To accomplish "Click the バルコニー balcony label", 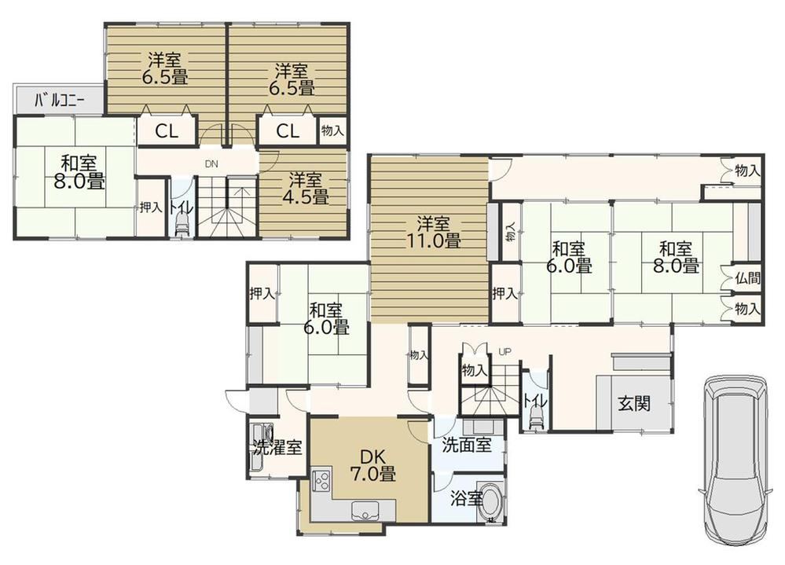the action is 60,101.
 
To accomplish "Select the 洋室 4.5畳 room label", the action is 306,188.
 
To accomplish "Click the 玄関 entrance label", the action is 634,403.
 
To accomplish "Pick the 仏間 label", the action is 747,278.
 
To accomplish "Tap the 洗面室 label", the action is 467,445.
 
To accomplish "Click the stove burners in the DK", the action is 321,480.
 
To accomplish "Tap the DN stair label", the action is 211,163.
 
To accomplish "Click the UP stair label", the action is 504,352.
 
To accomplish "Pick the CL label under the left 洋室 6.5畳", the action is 167,131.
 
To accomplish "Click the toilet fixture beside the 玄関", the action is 535,416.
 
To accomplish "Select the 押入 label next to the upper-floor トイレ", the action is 151,206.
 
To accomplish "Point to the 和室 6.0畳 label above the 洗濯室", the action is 326,318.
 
